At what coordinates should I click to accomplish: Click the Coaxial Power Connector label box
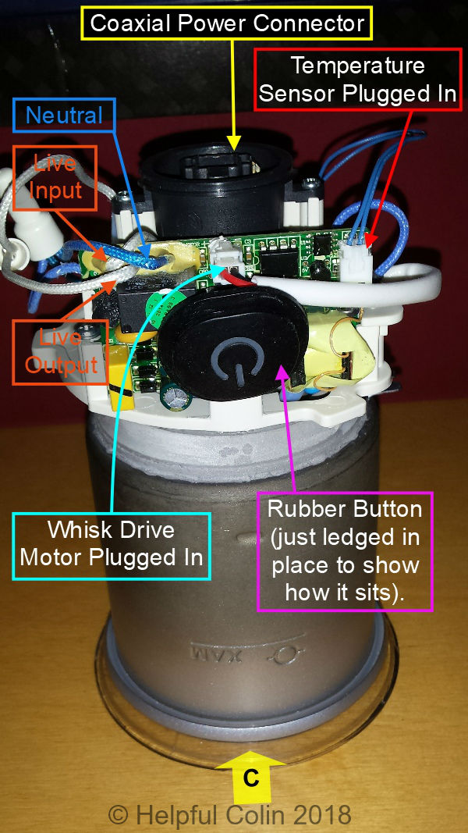point(227,23)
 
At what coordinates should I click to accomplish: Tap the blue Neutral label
point(64,116)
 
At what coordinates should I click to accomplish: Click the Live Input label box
point(54,176)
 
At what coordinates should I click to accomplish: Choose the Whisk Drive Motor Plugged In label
point(112,544)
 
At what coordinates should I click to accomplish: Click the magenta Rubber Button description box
point(345,551)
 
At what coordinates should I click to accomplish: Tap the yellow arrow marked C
point(250,777)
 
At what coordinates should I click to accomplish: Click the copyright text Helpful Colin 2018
point(230,816)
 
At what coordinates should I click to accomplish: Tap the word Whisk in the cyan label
point(83,530)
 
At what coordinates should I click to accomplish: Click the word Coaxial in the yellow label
point(132,23)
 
